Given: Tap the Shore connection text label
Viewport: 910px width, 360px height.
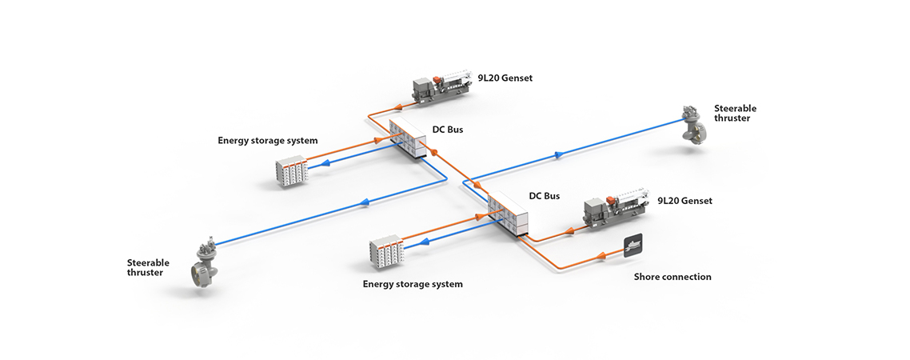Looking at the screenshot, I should (672, 277).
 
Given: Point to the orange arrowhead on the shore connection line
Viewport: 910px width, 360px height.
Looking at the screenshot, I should (601, 257).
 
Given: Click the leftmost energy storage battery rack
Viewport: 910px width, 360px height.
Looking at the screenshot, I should (292, 171).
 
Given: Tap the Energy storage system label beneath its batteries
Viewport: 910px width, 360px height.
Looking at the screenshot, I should (413, 284).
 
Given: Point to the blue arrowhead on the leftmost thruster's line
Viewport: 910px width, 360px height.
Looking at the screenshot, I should (366, 202).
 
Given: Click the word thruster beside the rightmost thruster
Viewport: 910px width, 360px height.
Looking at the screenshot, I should (732, 118).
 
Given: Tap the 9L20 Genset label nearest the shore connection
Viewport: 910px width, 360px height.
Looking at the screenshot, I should (684, 201).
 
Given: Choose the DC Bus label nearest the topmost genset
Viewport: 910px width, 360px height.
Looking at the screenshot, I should (447, 129).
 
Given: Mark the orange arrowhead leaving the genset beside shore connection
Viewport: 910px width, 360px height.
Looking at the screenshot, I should (569, 230).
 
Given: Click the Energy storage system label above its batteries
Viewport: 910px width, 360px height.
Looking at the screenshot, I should (267, 141).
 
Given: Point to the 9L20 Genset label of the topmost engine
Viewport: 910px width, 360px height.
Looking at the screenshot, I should (505, 78).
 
